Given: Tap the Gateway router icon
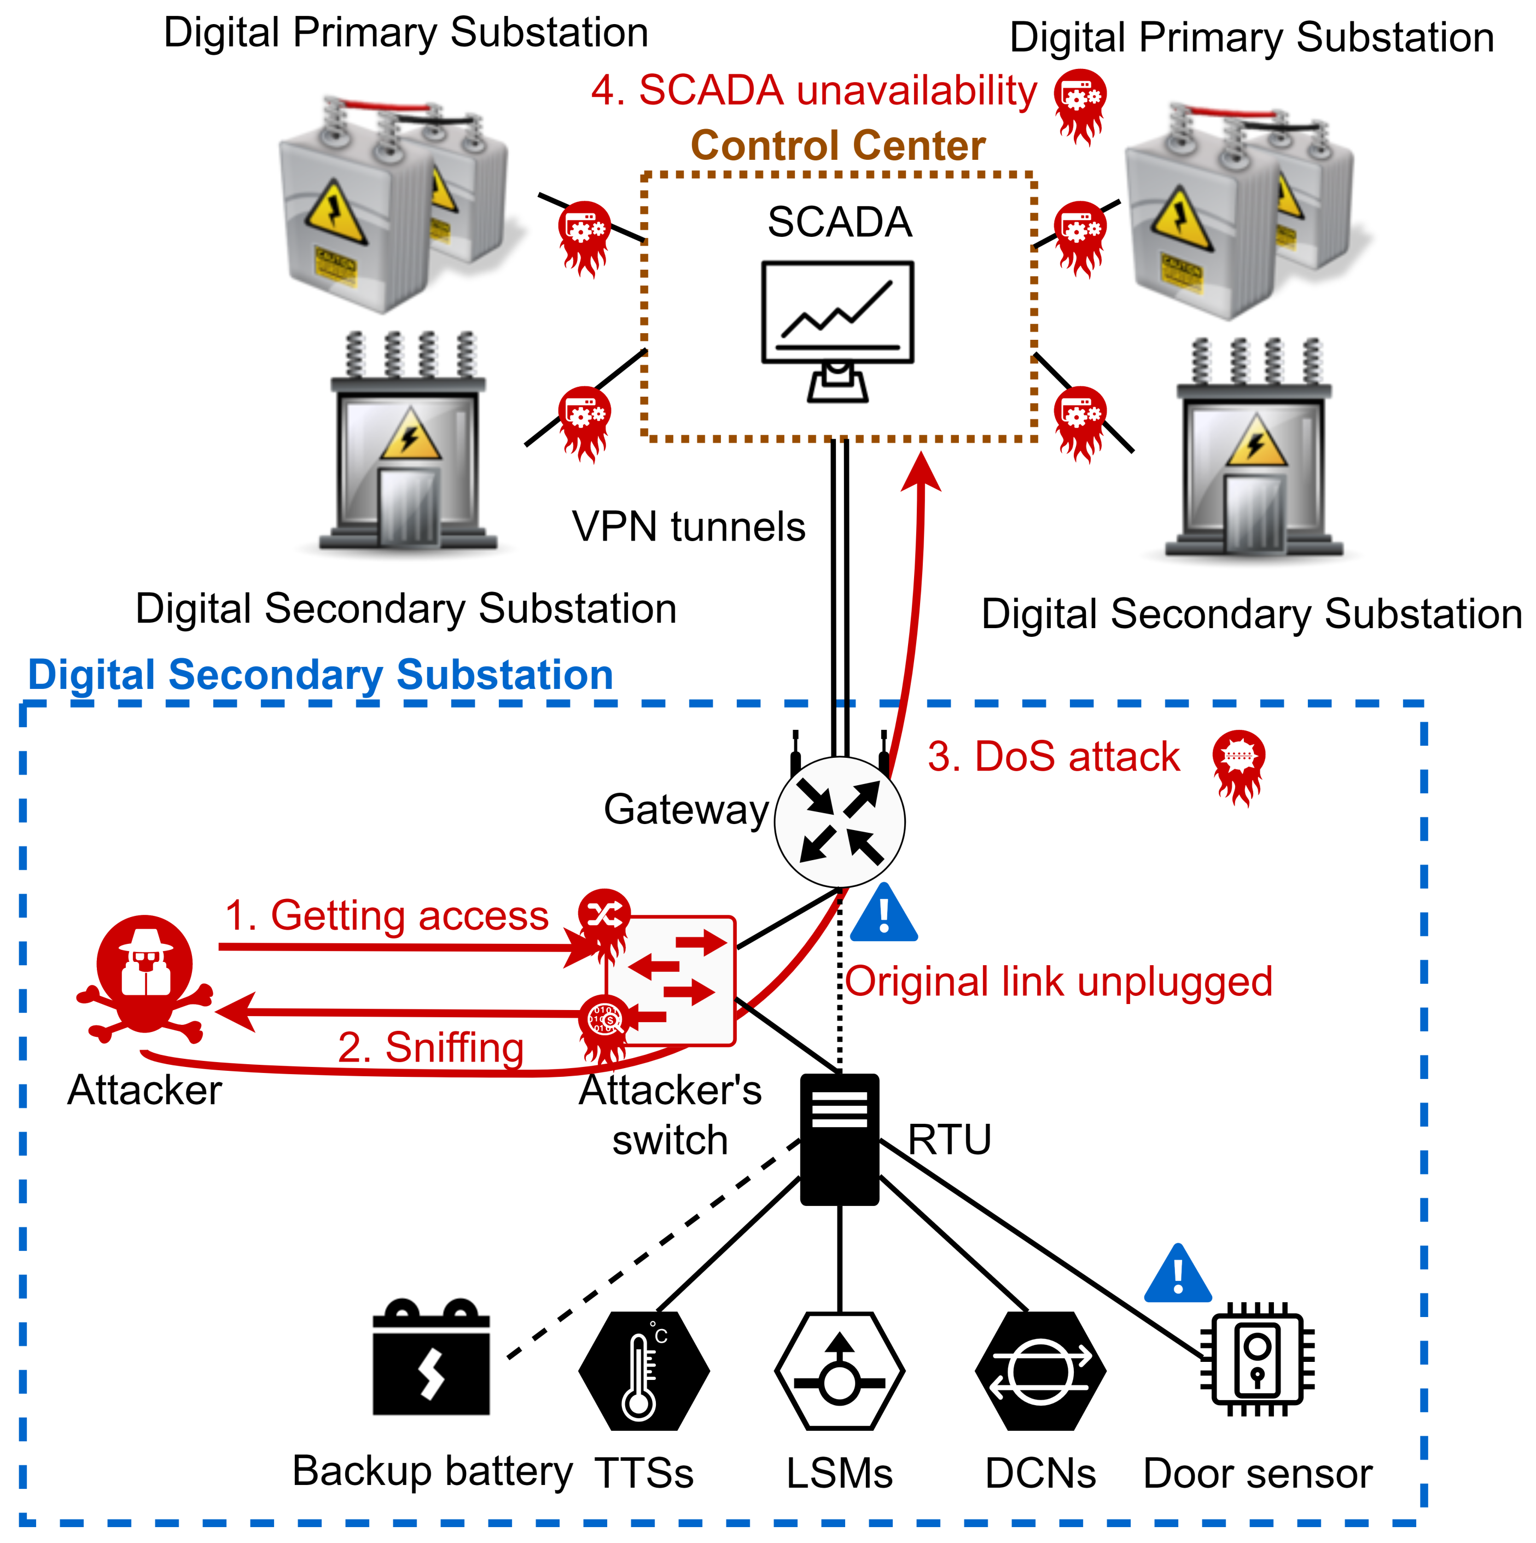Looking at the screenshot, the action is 840,821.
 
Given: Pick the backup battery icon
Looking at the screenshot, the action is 431,1357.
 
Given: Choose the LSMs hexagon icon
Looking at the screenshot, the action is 840,1371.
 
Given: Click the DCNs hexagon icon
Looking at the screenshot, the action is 1040,1371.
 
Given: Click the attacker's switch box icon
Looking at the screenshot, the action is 671,981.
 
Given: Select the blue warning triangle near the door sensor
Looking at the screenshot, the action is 1178,1274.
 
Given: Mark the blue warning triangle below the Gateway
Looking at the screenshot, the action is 884,913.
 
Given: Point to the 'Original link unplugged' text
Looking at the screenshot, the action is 1058,982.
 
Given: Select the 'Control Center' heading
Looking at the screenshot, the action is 838,146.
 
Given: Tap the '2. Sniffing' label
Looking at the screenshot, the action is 431,1047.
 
